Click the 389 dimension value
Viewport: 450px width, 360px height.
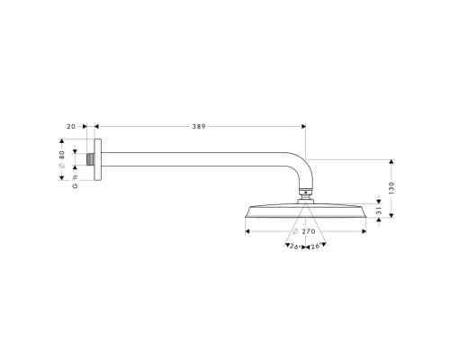(199, 127)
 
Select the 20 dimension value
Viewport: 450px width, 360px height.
(71, 127)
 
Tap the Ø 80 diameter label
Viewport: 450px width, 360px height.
(62, 159)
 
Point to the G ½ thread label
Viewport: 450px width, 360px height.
(75, 182)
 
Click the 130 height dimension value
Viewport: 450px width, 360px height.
(391, 188)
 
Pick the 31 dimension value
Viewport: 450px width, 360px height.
(379, 211)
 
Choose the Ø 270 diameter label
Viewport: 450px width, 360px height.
(303, 231)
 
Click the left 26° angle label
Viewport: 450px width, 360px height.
(295, 247)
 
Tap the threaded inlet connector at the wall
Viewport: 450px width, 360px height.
(91, 159)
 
